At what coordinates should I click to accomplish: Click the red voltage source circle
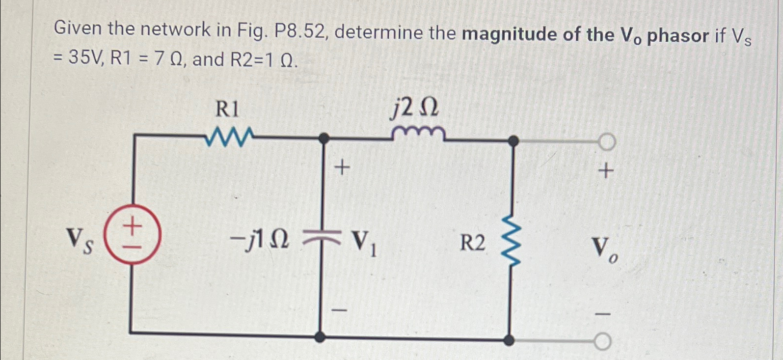[132, 235]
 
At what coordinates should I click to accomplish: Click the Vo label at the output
[604, 248]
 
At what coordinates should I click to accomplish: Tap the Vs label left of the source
[80, 241]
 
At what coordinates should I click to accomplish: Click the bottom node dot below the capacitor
[320, 337]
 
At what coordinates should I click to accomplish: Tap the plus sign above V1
[342, 168]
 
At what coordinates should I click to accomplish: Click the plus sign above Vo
[606, 171]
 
